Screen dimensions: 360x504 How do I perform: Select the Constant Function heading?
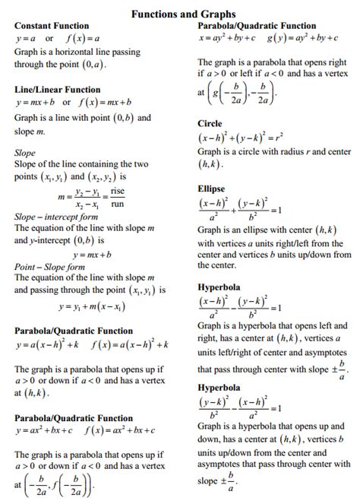[52, 26]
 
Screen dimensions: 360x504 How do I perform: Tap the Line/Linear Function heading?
[58, 89]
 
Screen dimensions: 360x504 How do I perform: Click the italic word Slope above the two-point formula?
[25, 152]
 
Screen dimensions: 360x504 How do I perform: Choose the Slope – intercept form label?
[57, 217]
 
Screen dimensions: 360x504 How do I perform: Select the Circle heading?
[210, 123]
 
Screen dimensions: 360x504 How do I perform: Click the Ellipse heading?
[212, 187]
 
